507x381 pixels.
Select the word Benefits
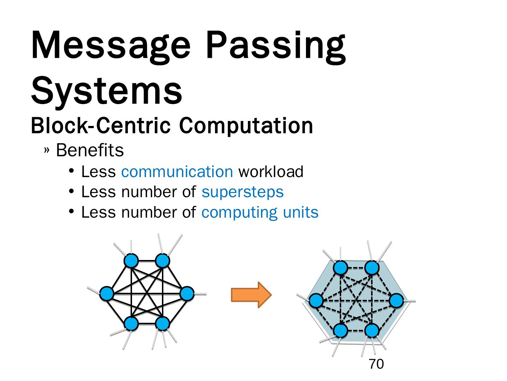coord(90,150)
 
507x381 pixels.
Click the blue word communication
coord(177,172)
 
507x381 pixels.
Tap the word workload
coord(271,172)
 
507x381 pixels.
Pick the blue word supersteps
coord(243,192)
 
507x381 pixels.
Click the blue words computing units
coord(260,212)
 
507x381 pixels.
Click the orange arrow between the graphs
coord(251,295)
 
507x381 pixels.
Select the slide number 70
coord(376,364)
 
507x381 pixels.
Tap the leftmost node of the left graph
coord(107,294)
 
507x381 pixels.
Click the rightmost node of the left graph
coord(187,294)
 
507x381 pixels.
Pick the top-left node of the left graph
coord(131,261)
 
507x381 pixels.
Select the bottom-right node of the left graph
coord(163,323)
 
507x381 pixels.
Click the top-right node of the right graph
coord(372,268)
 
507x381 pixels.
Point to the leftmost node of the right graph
coord(316,301)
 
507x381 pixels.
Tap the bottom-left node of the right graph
coord(340,331)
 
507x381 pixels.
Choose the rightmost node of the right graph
coord(396,301)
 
